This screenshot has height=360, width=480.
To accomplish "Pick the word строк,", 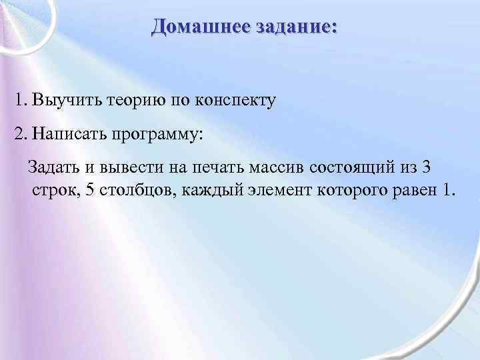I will click(x=55, y=191).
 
